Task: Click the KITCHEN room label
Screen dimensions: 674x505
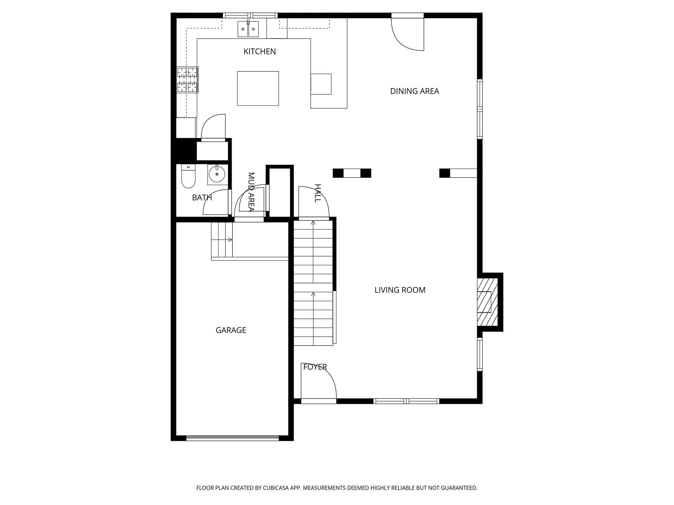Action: pyautogui.click(x=260, y=52)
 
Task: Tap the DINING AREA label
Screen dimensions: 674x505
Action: pyautogui.click(x=415, y=91)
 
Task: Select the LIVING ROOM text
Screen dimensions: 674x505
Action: pyautogui.click(x=400, y=290)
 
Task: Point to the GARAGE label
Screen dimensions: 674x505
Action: pyautogui.click(x=231, y=330)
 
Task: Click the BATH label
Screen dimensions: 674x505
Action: pyautogui.click(x=202, y=198)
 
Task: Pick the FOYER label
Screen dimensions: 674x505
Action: pyautogui.click(x=315, y=367)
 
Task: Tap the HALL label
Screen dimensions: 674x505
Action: pyautogui.click(x=317, y=193)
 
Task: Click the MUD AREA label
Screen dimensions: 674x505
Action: pyautogui.click(x=251, y=192)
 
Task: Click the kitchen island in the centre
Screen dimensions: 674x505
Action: pyautogui.click(x=258, y=88)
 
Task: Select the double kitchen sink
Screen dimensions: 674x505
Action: pyautogui.click(x=248, y=29)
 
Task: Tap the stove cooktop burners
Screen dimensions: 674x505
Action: pyautogui.click(x=187, y=80)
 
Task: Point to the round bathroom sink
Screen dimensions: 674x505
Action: pyautogui.click(x=217, y=174)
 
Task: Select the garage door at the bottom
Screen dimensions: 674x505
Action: pyautogui.click(x=232, y=438)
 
